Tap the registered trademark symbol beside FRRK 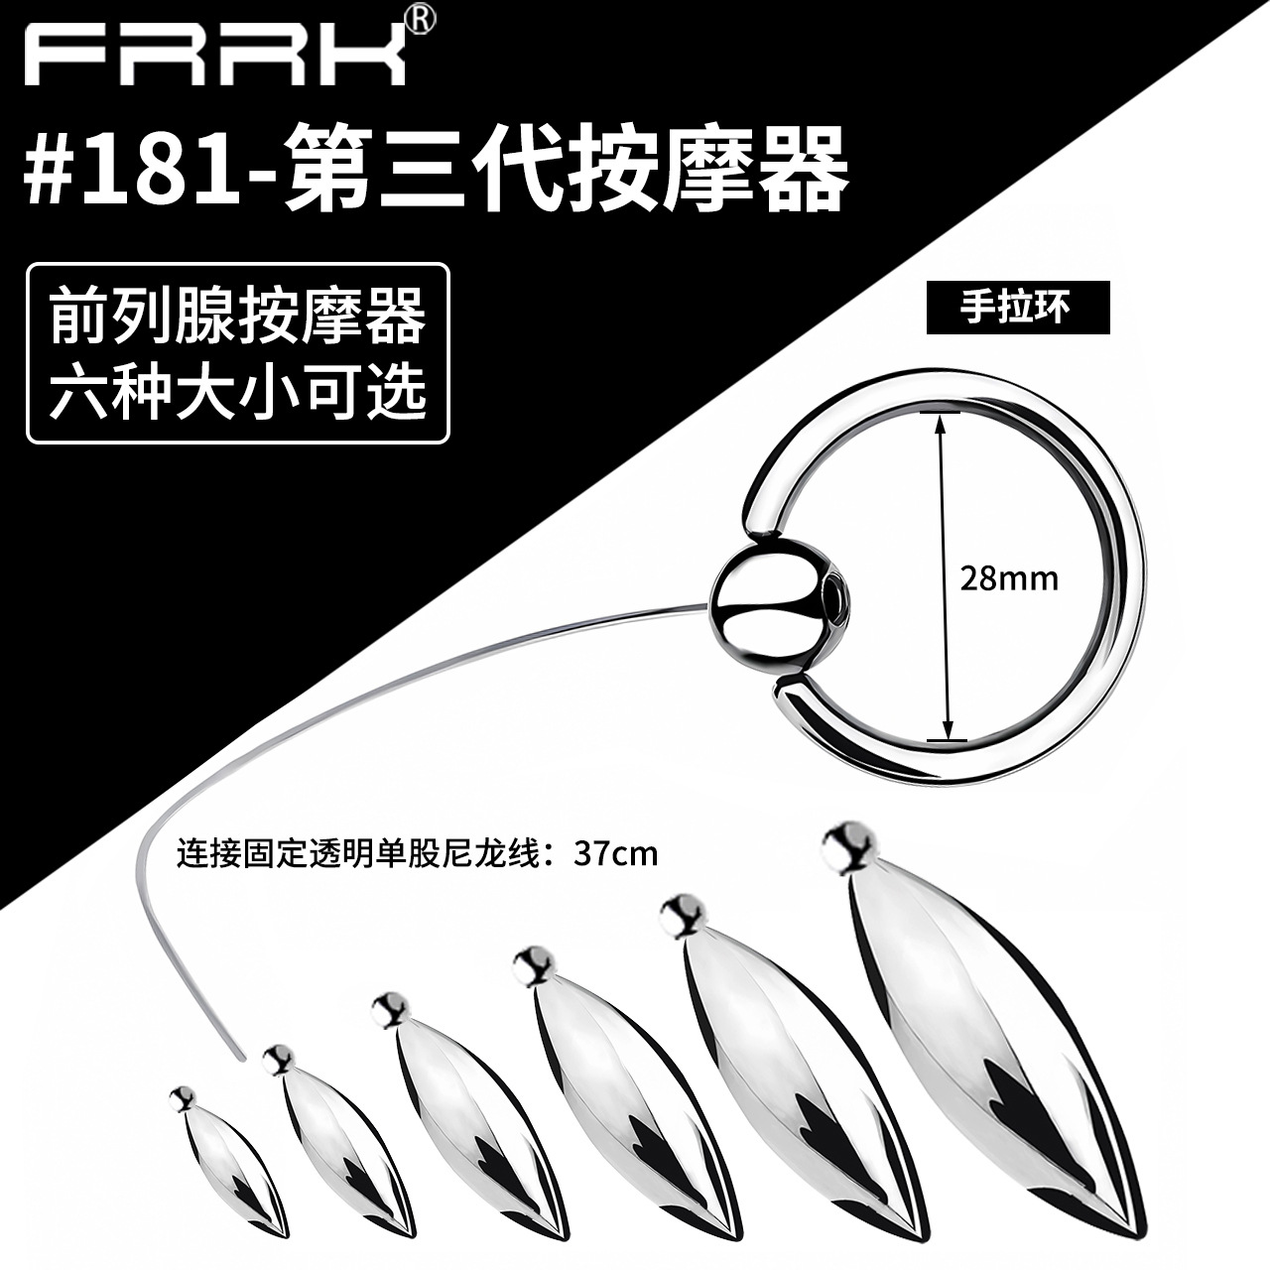point(419,23)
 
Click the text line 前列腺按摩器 point(238,317)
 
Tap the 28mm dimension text point(1008,577)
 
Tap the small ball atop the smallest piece point(181,1096)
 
